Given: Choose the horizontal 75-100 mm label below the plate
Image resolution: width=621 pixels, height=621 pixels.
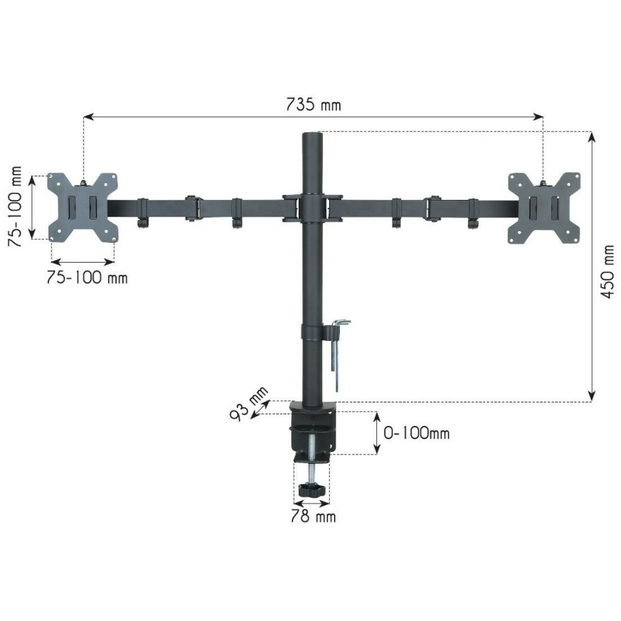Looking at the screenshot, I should click(86, 277).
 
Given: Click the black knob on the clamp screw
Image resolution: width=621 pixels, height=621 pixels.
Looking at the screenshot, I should click(312, 490).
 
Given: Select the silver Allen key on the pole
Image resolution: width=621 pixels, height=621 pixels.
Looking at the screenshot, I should click(338, 352).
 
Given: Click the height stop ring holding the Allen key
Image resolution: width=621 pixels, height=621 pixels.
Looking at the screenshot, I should click(311, 331).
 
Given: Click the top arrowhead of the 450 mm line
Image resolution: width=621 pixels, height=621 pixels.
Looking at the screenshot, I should click(592, 136).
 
